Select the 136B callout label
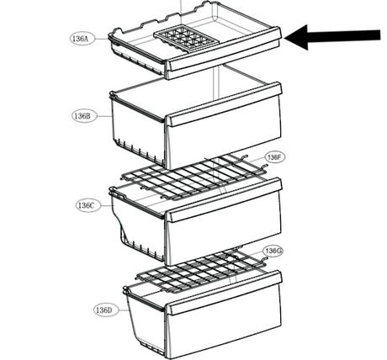83,115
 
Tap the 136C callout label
87,205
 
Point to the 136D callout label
105,310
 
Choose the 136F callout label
274,157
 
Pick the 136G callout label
273,251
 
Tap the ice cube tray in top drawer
186,39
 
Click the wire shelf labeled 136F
193,177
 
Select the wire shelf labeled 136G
201,271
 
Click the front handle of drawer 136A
224,49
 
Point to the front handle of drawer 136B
224,103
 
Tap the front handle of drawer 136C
224,199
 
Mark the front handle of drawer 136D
224,293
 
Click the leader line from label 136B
103,115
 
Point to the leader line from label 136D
123,310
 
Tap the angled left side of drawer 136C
119,225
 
